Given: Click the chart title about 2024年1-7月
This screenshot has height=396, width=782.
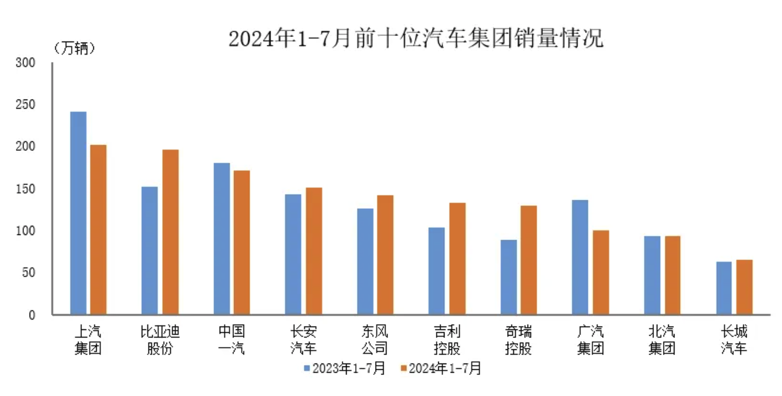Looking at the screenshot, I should coord(415,39).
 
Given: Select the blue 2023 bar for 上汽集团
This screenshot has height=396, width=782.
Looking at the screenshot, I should coord(78,213).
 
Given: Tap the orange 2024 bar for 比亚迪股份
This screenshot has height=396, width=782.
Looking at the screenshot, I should coord(170,232).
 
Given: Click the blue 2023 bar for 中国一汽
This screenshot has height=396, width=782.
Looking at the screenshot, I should coord(221,239).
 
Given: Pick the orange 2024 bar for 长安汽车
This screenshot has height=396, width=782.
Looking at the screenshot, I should coord(314,251).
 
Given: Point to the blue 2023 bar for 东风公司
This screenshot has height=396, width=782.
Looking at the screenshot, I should coord(365,261).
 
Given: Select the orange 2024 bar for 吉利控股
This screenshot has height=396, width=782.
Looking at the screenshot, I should coord(457,258).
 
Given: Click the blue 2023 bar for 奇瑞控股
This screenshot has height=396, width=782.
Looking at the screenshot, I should coord(508,277).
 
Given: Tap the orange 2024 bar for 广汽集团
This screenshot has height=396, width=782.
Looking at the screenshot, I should coord(600,272).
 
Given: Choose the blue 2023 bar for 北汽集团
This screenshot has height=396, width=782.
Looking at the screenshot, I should coord(652,275).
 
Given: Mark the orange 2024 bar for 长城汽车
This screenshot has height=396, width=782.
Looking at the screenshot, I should coord(744,287).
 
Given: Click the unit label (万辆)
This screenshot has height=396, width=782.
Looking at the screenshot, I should coord(74,48).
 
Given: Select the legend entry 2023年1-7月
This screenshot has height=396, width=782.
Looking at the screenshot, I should coord(345,368).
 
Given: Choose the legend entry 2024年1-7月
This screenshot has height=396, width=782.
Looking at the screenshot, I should coord(441,368).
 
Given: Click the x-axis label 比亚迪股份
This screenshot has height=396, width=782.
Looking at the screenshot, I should coord(160,340).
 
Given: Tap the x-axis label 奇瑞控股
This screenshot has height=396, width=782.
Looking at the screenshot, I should coord(518,340).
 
